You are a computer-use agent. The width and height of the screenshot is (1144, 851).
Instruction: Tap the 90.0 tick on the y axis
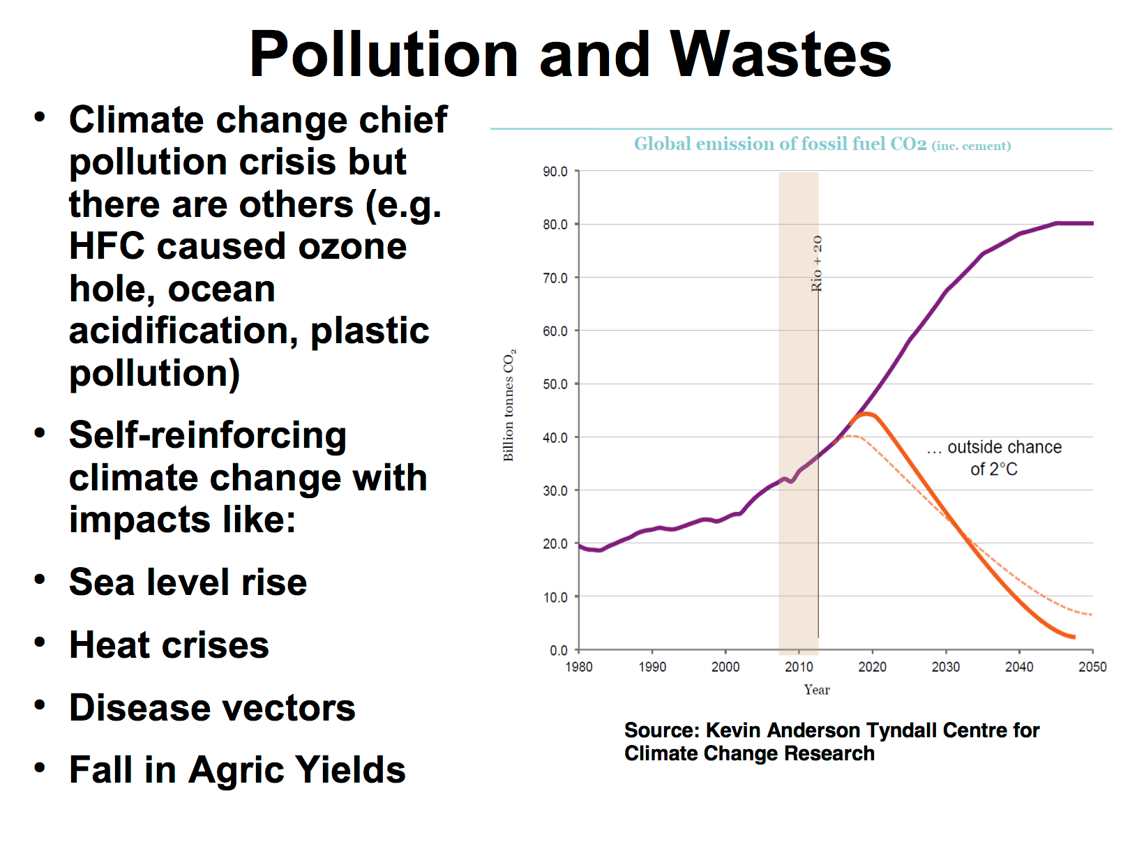(x=555, y=172)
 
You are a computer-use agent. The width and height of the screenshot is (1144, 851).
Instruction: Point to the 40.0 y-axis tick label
(x=555, y=438)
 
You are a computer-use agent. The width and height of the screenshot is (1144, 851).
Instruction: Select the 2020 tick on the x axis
(x=872, y=667)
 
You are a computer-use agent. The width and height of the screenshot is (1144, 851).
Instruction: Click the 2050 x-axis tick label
(x=1092, y=667)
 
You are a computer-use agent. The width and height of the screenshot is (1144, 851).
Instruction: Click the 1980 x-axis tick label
(x=579, y=667)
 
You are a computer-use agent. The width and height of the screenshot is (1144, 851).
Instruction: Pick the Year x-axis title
(x=817, y=690)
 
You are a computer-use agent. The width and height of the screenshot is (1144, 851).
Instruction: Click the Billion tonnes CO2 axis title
(x=509, y=405)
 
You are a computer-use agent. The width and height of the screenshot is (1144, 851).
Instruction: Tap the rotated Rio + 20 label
(x=817, y=264)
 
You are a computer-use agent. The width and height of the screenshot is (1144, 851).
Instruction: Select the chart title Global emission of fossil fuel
(x=780, y=144)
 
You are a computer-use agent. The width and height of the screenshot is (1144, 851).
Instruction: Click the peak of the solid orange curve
(x=865, y=414)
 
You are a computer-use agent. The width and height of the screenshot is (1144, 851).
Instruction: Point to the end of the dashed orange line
(x=1090, y=615)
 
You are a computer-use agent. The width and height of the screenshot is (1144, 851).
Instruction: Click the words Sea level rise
(x=188, y=582)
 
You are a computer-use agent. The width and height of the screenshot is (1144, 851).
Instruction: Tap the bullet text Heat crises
(x=169, y=645)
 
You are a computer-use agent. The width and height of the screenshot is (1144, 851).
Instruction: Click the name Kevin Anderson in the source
(x=783, y=730)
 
